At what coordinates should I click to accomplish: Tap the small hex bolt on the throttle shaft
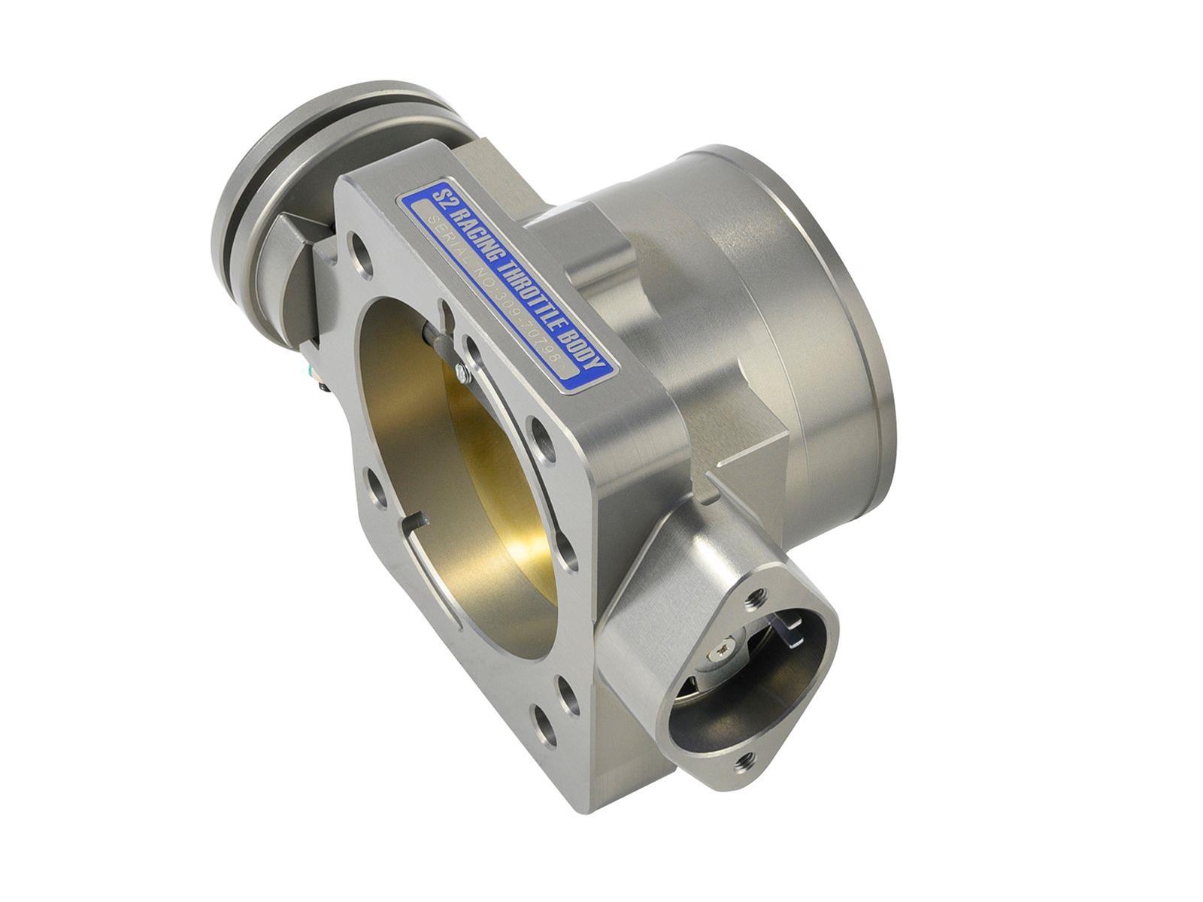460,370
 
